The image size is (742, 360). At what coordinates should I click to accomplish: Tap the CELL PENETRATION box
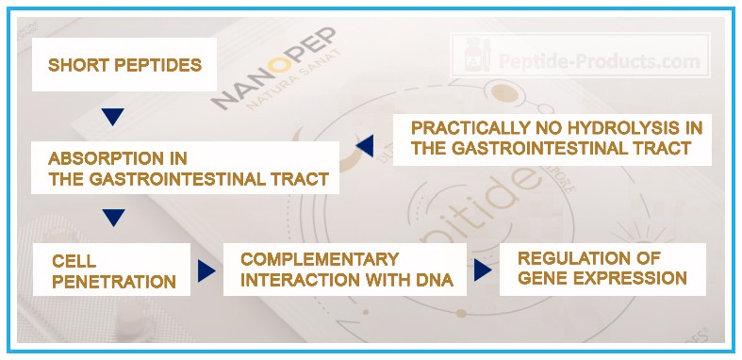[111, 270]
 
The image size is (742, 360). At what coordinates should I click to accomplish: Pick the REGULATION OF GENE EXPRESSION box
[602, 269]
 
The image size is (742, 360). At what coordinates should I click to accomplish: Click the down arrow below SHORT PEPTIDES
[112, 116]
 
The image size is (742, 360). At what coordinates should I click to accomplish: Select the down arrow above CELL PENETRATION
[112, 218]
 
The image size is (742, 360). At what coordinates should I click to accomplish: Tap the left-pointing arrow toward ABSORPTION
[365, 144]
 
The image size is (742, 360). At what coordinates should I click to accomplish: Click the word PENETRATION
[112, 281]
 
